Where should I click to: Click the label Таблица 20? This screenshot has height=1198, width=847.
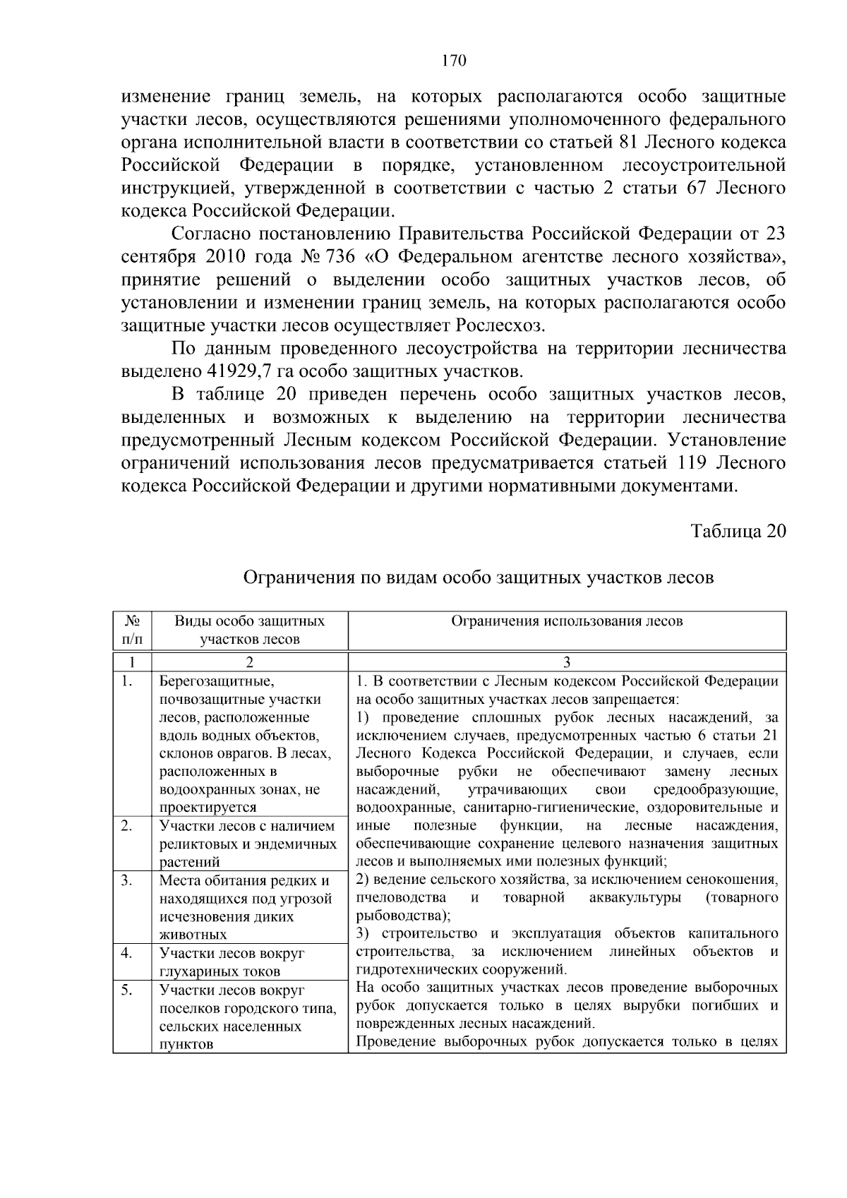[738, 532]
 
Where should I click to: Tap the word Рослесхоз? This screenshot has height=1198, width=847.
[500, 325]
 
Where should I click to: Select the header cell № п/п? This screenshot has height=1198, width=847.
[132, 630]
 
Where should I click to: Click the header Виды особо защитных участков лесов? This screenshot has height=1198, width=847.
[249, 630]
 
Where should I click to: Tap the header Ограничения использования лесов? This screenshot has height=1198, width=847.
[567, 621]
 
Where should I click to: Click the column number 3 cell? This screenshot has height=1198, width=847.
[567, 662]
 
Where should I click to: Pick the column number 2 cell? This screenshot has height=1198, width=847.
[249, 662]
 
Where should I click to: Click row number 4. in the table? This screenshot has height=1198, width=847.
[127, 953]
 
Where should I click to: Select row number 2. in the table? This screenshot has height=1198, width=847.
[127, 825]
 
